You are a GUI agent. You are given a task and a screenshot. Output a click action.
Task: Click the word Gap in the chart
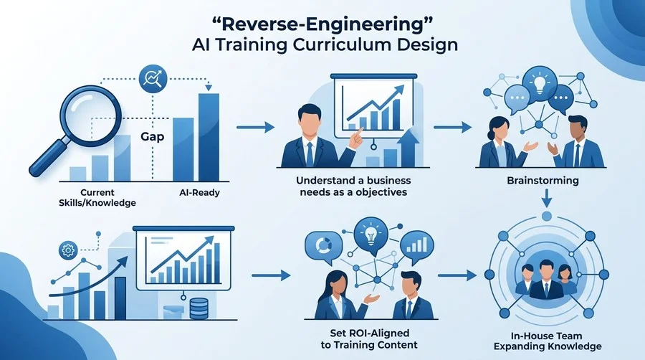pyautogui.click(x=152, y=136)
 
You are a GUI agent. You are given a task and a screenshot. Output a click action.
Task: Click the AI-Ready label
pyautogui.click(x=199, y=192)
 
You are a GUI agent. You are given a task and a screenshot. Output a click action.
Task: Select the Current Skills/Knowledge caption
pyautogui.click(x=97, y=197)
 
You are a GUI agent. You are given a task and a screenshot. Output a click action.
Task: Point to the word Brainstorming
pyautogui.click(x=543, y=181)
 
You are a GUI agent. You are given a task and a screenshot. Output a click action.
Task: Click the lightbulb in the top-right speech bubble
pyautogui.click(x=539, y=82)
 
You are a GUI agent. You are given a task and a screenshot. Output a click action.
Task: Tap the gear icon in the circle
pyautogui.click(x=68, y=250)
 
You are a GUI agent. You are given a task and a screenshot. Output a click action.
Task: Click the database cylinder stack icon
pyautogui.click(x=199, y=308)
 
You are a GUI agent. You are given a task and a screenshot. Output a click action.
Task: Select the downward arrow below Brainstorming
pyautogui.click(x=546, y=199)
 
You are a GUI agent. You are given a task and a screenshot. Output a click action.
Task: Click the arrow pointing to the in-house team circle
pyautogui.click(x=457, y=275)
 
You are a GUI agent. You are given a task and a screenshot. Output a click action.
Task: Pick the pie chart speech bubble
pyautogui.click(x=323, y=247)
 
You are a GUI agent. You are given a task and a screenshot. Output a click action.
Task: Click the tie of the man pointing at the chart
pyautogui.click(x=310, y=153)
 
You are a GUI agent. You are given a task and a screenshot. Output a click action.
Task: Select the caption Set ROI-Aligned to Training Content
pyautogui.click(x=369, y=338)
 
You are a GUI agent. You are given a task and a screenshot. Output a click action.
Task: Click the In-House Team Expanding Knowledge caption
pyautogui.click(x=548, y=341)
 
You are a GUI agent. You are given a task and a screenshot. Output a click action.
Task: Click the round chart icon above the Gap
pyautogui.click(x=153, y=79)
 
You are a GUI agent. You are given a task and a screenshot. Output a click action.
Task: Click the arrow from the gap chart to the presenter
pyautogui.click(x=255, y=128)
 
